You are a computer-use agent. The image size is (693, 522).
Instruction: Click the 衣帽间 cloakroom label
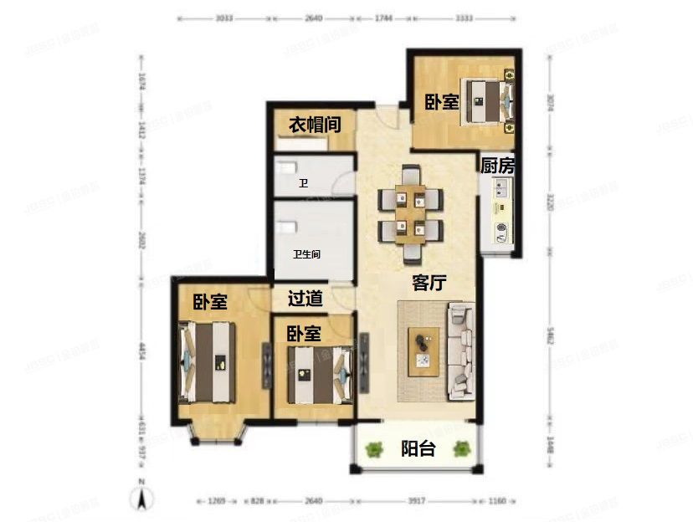click(x=315, y=125)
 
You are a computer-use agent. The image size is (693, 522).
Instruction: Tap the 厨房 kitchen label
click(x=497, y=166)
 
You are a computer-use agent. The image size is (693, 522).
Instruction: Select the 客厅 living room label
click(x=429, y=283)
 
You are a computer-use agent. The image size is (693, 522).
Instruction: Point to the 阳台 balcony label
click(x=418, y=448)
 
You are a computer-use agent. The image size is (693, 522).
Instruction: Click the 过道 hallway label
click(x=305, y=298)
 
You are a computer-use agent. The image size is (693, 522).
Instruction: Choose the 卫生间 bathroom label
click(x=307, y=253)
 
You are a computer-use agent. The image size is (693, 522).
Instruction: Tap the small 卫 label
click(x=304, y=182)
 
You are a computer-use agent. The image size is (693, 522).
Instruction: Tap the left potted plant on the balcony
click(x=374, y=449)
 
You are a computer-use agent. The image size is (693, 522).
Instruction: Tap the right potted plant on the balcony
click(x=461, y=449)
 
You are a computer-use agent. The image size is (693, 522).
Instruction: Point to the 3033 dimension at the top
click(x=224, y=16)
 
